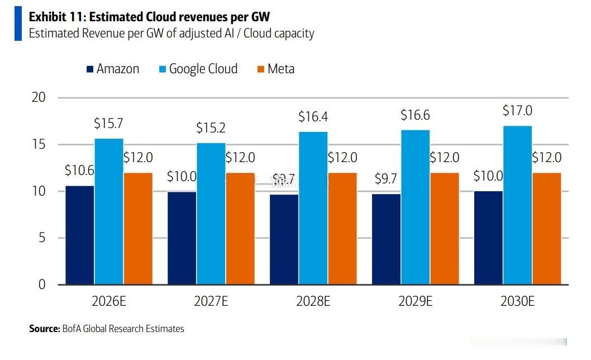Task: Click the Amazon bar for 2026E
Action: click(79, 235)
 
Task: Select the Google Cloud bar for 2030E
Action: click(517, 205)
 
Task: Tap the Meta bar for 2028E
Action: click(342, 229)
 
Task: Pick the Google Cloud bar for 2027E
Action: click(211, 214)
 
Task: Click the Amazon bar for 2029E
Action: click(386, 239)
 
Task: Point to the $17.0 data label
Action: click(517, 111)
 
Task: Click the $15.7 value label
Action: click(108, 124)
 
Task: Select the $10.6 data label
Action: click(79, 170)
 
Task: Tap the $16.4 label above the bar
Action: click(313, 117)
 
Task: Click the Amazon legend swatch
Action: click(90, 69)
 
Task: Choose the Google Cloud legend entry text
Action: click(203, 69)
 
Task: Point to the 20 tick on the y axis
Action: click(39, 97)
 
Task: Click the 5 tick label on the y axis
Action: click(42, 238)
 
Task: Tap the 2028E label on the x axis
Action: click(313, 301)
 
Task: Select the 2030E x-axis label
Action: click(517, 301)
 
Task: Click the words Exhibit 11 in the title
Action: click(58, 17)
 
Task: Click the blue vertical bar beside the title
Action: click(18, 23)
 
